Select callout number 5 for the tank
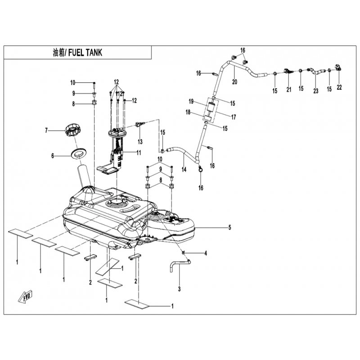(229, 228)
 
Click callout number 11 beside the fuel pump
(139, 153)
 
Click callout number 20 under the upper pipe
(234, 82)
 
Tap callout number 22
(339, 87)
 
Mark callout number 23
(316, 90)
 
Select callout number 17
(233, 117)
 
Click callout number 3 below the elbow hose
(179, 288)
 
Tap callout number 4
(206, 254)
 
